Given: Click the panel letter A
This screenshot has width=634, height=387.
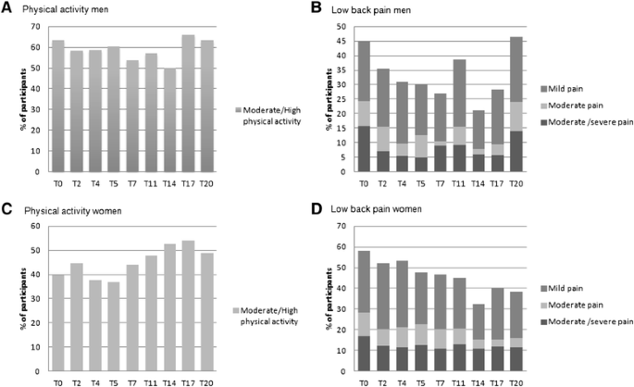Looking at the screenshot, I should point(7,9).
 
